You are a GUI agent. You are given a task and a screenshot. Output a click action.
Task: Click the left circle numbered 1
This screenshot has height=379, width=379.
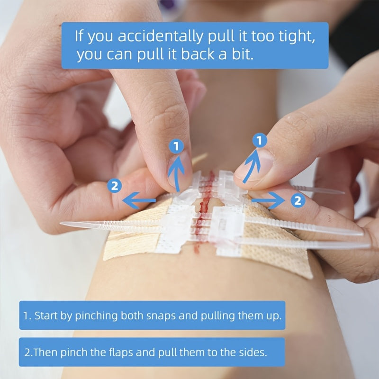176,147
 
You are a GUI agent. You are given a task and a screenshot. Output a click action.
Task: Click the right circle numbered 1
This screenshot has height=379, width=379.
259,140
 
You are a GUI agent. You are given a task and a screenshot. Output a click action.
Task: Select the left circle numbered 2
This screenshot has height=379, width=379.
114,186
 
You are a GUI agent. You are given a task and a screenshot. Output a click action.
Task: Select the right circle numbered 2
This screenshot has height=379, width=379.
298,200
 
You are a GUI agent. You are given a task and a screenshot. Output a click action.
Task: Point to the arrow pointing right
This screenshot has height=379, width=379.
269,201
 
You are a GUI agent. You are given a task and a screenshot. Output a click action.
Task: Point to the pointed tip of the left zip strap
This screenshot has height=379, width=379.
64,225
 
